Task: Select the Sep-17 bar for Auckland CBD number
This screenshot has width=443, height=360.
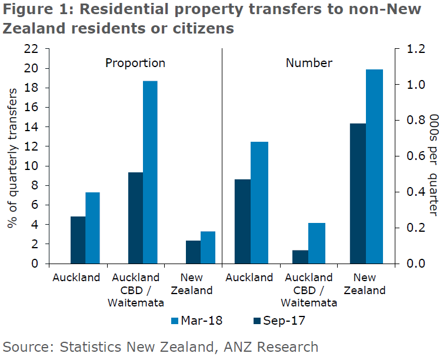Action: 300,257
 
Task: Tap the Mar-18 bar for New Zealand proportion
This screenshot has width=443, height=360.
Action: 208,248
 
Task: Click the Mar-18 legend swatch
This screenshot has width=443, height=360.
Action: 175,321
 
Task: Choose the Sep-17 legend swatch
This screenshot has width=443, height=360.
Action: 257,321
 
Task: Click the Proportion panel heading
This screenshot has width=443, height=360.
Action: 135,63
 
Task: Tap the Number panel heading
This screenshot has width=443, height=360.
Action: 309,63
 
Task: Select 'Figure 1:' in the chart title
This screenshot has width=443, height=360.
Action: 30,11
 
